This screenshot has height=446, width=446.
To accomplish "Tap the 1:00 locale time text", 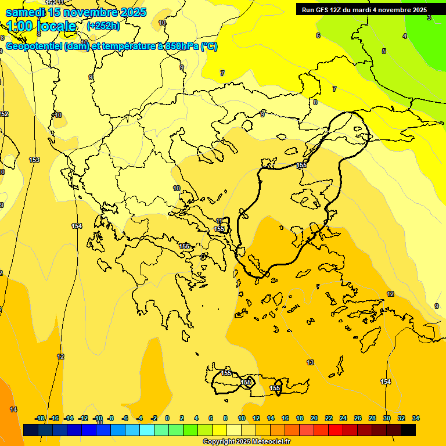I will tap(41, 26).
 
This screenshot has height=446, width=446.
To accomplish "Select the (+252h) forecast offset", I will tap(103, 26).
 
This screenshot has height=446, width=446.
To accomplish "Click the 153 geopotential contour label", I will tap(34, 160).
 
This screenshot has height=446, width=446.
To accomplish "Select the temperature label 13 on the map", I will tap(310, 362).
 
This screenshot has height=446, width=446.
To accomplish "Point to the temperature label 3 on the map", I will tap(429, 18).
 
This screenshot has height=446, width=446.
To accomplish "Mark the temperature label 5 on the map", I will tap(383, 51).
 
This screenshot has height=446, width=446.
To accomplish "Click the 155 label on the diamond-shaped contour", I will tap(247, 383).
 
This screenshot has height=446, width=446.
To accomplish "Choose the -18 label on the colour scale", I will tap(40, 418).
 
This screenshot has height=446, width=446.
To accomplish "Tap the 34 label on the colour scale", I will tap(415, 418).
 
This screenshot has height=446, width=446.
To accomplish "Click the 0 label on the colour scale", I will tap(167, 418).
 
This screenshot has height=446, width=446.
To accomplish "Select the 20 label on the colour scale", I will tap(314, 418).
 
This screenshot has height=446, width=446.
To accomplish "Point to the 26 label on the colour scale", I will tap(358, 418).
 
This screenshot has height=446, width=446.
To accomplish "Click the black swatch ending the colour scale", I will tap(408, 430).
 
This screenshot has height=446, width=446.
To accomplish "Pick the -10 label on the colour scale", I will tap(98, 418).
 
